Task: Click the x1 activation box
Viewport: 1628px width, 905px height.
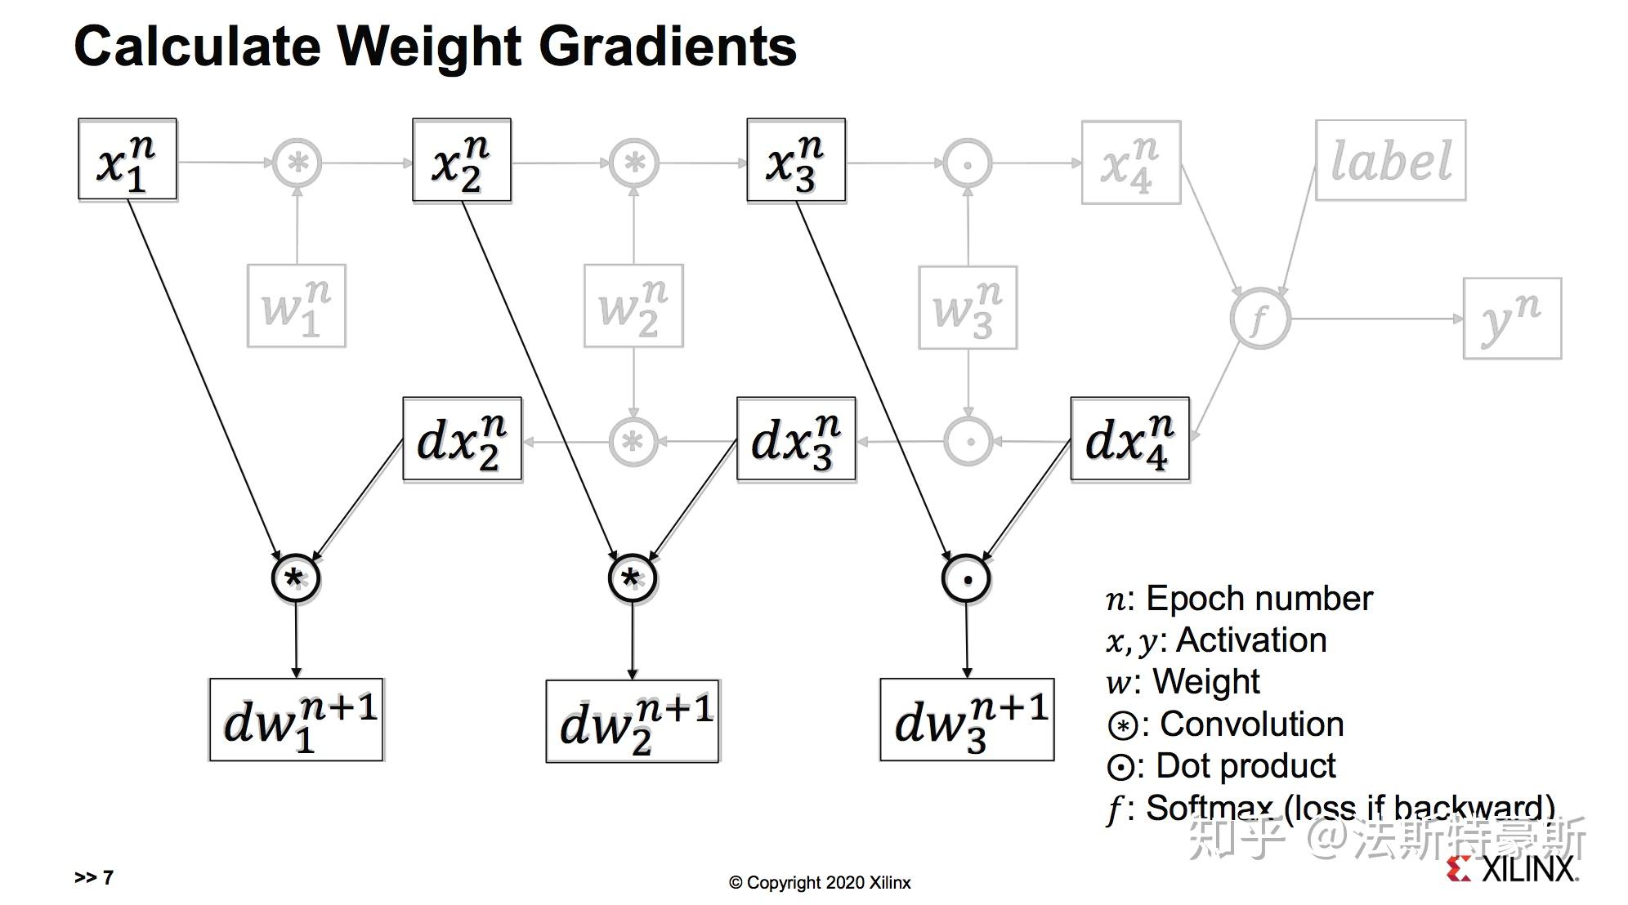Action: tap(127, 159)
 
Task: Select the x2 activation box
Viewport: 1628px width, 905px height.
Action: tap(462, 160)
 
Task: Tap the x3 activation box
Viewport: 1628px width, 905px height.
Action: tap(796, 160)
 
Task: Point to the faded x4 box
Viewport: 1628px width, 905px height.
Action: tap(1131, 162)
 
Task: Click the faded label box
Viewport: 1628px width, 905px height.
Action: tap(1390, 160)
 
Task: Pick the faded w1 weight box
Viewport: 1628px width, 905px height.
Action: tap(297, 305)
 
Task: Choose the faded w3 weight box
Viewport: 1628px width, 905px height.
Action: tap(968, 307)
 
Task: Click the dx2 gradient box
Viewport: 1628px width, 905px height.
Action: tap(462, 439)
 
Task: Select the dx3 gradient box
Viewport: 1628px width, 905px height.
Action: tap(796, 439)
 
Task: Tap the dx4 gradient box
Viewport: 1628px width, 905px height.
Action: tap(1130, 439)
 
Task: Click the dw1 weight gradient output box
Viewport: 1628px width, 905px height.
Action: tap(297, 720)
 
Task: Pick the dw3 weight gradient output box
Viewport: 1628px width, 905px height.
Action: tap(967, 720)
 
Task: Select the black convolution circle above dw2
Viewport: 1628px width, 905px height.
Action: tap(633, 579)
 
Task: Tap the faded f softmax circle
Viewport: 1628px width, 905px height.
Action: tap(1260, 319)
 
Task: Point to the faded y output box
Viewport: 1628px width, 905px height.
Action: tap(1512, 319)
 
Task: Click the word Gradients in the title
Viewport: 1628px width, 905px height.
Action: tap(668, 47)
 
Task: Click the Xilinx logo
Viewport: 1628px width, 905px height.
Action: tap(1511, 868)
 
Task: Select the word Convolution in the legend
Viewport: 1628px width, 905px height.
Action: tap(1252, 724)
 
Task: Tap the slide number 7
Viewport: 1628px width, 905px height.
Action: tap(108, 877)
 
